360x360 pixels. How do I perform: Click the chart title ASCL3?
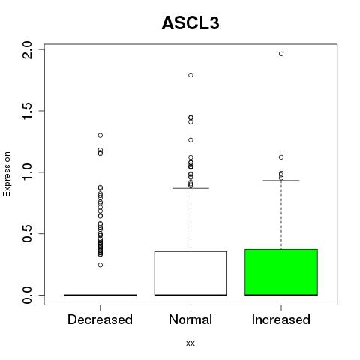(x=190, y=23)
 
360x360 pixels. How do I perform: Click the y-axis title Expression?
(x=7, y=174)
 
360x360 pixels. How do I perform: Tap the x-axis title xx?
(x=190, y=343)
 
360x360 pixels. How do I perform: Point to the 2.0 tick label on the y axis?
(x=27, y=50)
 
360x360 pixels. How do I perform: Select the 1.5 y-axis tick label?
(x=27, y=111)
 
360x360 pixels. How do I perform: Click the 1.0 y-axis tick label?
(x=27, y=172)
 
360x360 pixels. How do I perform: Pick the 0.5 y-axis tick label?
(x=27, y=234)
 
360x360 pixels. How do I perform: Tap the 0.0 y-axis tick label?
(x=27, y=295)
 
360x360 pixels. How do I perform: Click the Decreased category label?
(x=100, y=319)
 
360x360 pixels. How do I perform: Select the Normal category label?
(x=190, y=319)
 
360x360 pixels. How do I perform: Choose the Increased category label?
(x=281, y=319)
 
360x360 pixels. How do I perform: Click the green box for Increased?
(x=281, y=272)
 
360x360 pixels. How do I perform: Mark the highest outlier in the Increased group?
(x=281, y=54)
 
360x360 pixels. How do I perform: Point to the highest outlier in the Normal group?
(x=190, y=75)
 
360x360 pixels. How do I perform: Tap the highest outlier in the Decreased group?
(x=100, y=136)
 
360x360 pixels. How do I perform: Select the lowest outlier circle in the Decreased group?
(x=100, y=265)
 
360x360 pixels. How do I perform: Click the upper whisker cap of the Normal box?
(x=190, y=188)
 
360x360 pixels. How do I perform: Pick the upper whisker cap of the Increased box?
(x=281, y=180)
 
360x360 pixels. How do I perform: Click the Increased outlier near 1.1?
(x=281, y=157)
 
